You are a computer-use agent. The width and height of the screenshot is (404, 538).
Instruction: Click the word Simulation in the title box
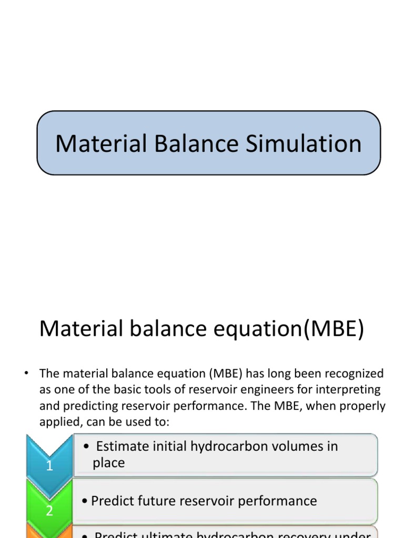(x=310, y=143)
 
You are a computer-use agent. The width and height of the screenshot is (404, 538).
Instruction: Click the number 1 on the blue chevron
(x=49, y=465)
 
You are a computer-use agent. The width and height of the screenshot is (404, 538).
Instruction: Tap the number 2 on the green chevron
(x=49, y=511)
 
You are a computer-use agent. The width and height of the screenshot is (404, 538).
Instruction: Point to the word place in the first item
(x=108, y=463)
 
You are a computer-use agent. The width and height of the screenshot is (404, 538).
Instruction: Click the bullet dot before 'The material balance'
(x=25, y=374)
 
